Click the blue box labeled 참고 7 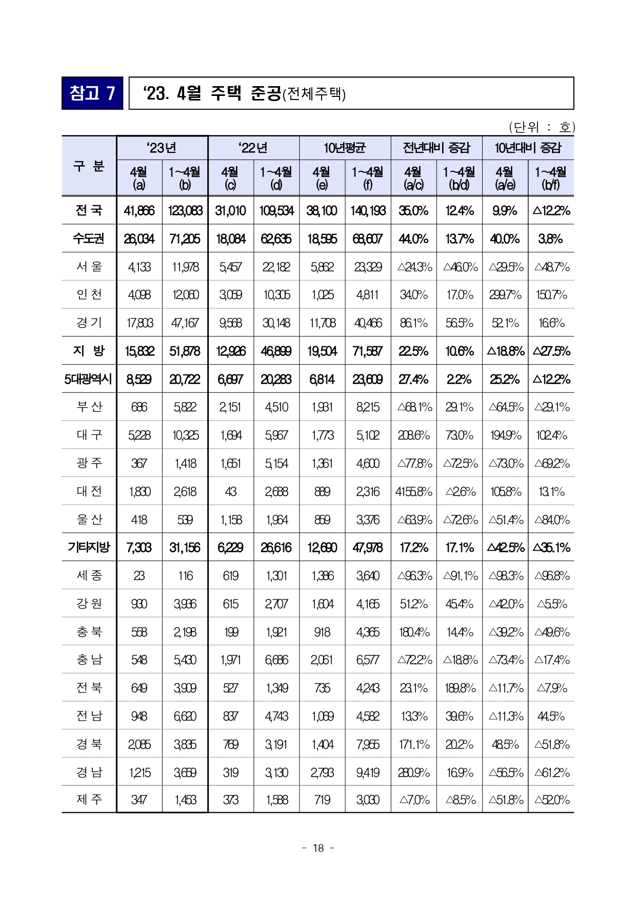[92, 93]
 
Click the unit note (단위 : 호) [542, 127]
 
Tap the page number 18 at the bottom [318, 848]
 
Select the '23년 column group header [162, 148]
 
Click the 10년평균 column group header [345, 148]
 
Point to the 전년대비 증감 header [436, 148]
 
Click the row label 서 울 [89, 267]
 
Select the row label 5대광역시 [88, 379]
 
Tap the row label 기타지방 [89, 547]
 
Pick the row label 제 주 [89, 799]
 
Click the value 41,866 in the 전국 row [139, 211]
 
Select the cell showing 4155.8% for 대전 [413, 492]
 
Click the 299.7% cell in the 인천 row [505, 295]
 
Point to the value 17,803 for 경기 [139, 323]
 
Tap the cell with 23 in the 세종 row [139, 576]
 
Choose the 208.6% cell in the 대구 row [413, 435]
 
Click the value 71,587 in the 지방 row [368, 351]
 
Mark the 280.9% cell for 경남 [413, 772]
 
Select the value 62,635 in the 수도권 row [276, 239]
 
